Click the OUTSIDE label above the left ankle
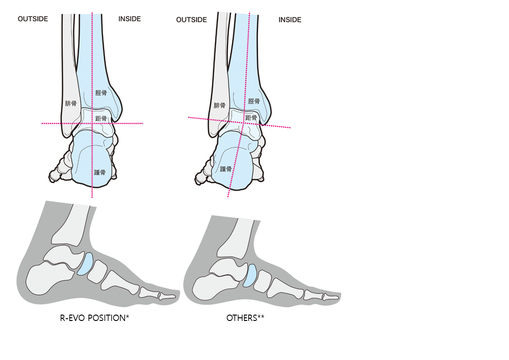click(33, 19)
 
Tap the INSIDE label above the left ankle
click(130, 19)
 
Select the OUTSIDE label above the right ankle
click(191, 20)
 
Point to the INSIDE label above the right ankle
click(290, 20)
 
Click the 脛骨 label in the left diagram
click(101, 93)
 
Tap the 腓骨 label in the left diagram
click(71, 104)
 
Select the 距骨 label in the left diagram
click(101, 119)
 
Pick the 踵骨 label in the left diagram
click(100, 172)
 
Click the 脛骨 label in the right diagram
click(254, 101)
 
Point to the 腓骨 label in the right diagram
click(220, 105)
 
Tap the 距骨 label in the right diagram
click(251, 118)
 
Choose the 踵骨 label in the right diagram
click(226, 169)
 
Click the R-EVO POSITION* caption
click(95, 318)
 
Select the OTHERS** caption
click(245, 318)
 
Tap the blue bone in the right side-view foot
click(250, 275)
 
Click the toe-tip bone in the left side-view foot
click(168, 296)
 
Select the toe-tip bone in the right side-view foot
click(331, 297)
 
